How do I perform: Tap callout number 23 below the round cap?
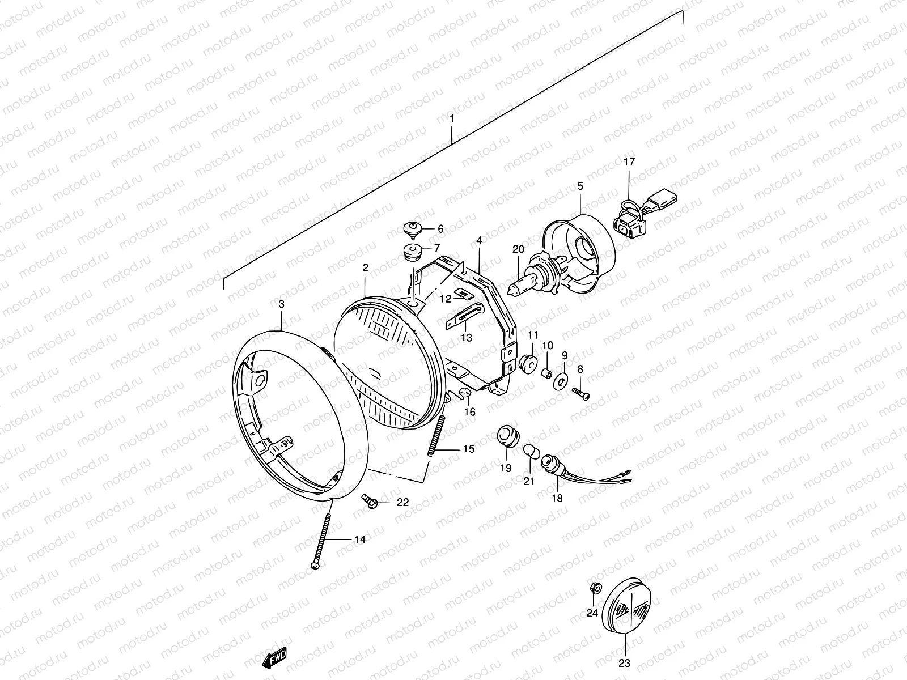click(624, 663)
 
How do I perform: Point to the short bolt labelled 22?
click(371, 501)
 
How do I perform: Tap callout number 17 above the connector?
click(629, 161)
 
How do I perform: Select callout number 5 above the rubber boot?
click(580, 186)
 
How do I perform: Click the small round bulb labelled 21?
click(530, 452)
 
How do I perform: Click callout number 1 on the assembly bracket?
click(452, 119)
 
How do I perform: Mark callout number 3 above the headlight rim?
click(282, 304)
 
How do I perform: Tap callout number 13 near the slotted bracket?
click(466, 338)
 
